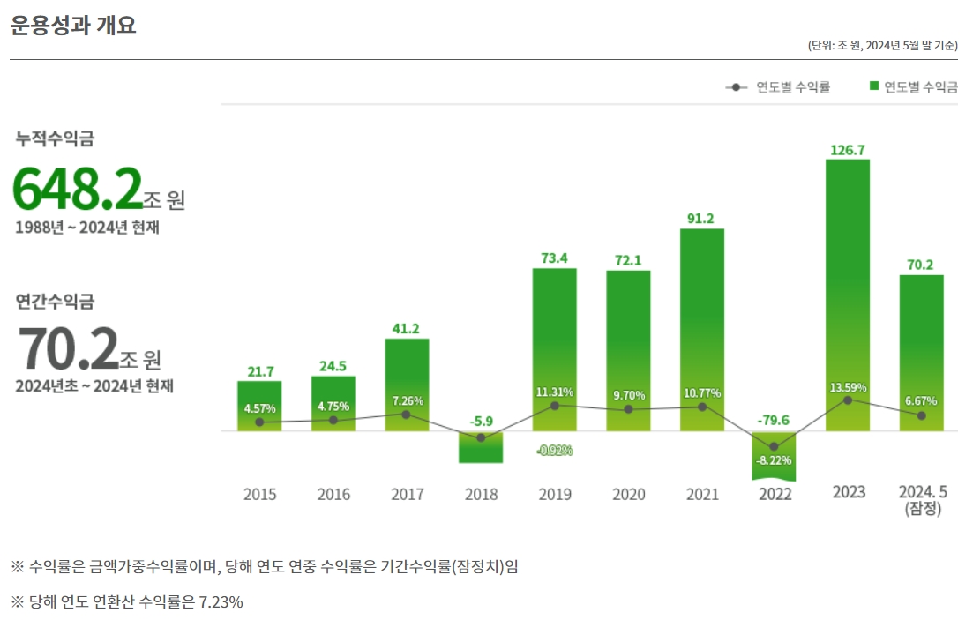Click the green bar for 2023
pos(847,291)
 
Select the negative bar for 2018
pos(480,447)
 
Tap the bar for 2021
pos(701,326)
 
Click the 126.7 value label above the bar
pos(847,150)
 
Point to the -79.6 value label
pos(773,420)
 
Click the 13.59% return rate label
pos(848,387)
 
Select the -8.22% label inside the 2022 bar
pos(774,460)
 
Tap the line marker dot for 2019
pos(554,406)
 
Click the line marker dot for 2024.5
pos(921,415)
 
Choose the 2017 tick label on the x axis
pos(407,494)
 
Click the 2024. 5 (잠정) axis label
pos(922,499)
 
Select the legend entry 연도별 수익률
pos(777,86)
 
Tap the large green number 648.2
pos(78,188)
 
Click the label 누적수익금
pos(55,138)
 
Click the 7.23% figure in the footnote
pos(218,602)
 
